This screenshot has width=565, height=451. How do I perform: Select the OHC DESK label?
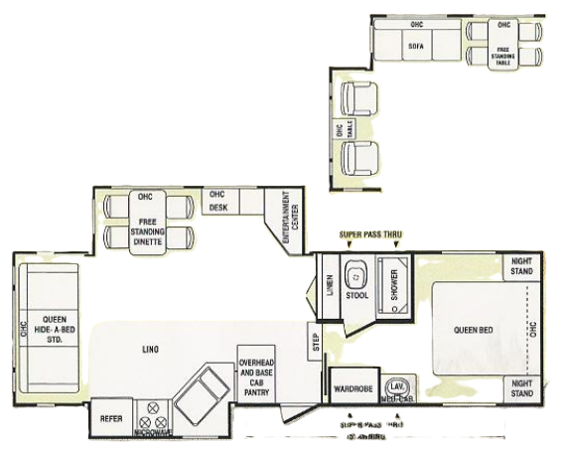pyautogui.click(x=217, y=201)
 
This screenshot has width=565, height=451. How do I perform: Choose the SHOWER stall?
pyautogui.click(x=396, y=283)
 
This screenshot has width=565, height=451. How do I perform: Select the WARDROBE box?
pyautogui.click(x=352, y=387)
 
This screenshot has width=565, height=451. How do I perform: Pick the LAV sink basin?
pyautogui.click(x=397, y=384)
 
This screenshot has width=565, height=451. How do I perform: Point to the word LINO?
pyautogui.click(x=152, y=349)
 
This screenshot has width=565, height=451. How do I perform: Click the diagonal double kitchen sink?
pyautogui.click(x=203, y=395)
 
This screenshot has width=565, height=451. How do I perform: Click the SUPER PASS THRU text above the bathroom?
pyautogui.click(x=371, y=235)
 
